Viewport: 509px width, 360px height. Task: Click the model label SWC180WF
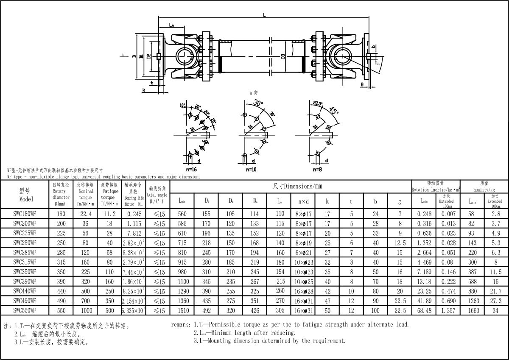point(25,214)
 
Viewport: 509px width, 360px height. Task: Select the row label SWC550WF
point(25,310)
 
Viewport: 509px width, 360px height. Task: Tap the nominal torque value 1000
point(86,310)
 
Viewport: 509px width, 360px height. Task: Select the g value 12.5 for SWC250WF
point(400,243)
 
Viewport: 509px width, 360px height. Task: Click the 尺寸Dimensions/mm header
point(298,186)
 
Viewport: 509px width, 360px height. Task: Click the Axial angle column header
point(157,195)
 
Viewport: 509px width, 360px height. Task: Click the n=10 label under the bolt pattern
point(252,169)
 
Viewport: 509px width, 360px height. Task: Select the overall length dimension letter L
point(264,15)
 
